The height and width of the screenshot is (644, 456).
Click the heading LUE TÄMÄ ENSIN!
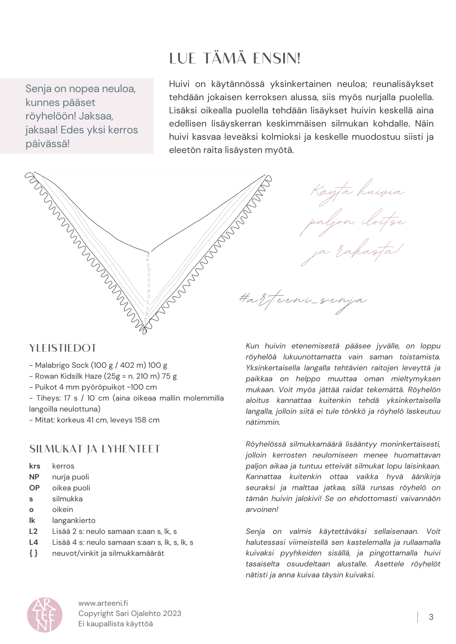pos(235,59)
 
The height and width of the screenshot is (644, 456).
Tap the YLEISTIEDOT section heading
pos(63,348)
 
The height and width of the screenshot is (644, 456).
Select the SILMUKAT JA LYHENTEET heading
pos(94,449)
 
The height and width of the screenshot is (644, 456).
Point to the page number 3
pos(431,617)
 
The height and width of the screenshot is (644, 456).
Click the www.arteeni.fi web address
pos(103,603)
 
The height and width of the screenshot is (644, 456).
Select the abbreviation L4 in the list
pos(34,542)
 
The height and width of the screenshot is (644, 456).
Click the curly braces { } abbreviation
pos(34,553)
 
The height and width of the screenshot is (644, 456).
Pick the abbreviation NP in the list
pos(34,477)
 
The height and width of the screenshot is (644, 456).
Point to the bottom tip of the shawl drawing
pos(144,332)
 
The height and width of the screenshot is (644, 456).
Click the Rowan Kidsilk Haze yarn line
pos(103,376)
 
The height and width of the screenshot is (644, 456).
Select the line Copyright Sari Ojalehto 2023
pos(130,613)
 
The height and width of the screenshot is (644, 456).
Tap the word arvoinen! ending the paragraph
pos(262,509)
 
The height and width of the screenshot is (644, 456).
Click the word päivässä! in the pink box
pos(47,144)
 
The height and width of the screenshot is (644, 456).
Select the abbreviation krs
pos(35,466)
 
